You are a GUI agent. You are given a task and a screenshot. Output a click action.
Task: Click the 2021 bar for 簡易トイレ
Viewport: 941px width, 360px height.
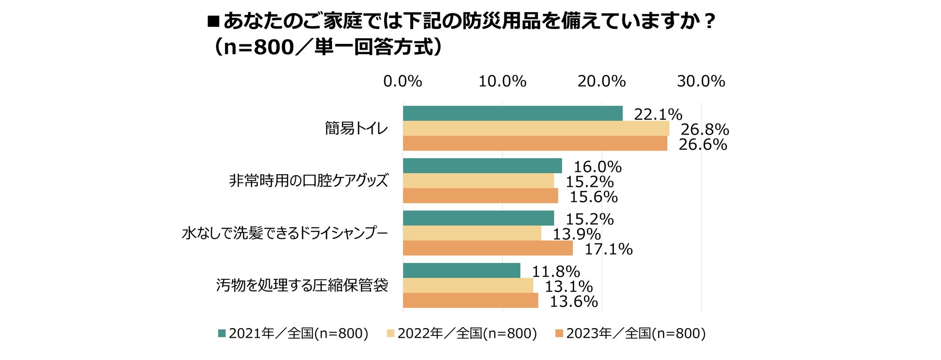point(512,113)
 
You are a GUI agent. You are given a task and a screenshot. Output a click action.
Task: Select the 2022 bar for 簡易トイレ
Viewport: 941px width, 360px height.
point(536,128)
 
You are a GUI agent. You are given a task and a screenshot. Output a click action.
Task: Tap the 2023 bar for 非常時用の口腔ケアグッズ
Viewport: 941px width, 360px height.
point(480,196)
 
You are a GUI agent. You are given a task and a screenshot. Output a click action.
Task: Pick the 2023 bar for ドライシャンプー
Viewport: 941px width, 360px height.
point(487,248)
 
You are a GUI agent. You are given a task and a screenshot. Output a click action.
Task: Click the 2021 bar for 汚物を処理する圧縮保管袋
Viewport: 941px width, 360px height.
point(461,271)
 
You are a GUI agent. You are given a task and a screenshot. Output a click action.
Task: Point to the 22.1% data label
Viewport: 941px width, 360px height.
point(658,114)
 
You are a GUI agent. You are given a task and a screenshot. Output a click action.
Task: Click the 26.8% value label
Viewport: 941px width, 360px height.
point(705,129)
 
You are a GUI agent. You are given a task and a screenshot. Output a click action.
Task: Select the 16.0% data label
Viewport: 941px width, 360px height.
point(597,167)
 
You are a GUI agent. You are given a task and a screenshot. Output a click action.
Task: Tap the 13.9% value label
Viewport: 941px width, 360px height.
point(577,235)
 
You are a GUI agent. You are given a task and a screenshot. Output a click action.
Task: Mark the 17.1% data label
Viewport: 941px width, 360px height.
point(609,249)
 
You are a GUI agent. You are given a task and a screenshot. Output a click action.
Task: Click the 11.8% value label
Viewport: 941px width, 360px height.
point(556,272)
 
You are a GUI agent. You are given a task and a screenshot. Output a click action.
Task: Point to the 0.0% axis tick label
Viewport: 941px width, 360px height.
point(402,82)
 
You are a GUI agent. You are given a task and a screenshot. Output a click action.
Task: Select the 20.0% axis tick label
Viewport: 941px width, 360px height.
point(602,82)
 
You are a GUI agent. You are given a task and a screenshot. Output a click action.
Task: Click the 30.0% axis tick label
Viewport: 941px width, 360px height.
point(701,82)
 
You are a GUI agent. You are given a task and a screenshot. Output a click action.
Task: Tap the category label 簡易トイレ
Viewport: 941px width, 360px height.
point(356,128)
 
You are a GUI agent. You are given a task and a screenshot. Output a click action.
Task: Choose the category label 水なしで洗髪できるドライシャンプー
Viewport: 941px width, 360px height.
point(285,234)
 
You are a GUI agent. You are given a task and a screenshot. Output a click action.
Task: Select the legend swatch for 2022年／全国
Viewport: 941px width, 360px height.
point(391,333)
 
